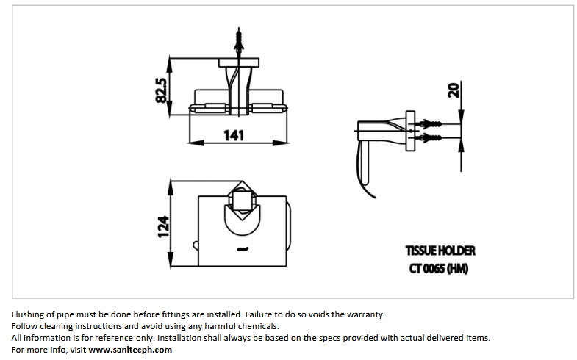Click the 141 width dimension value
[234, 134]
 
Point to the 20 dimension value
[454, 90]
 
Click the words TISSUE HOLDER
[440, 251]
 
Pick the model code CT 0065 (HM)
[439, 268]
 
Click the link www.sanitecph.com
[130, 350]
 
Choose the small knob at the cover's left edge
[194, 244]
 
